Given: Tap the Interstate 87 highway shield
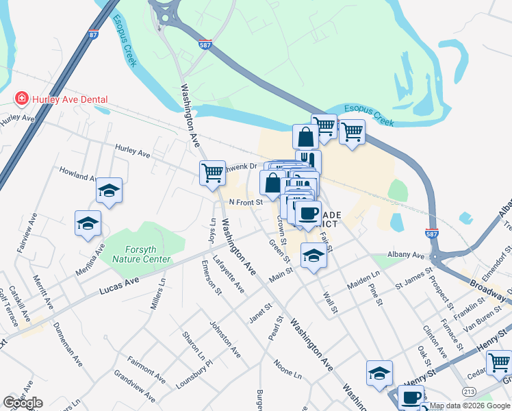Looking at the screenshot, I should (93, 34).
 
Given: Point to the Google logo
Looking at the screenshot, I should (23, 403).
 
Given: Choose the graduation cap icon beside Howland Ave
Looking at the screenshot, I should (109, 190).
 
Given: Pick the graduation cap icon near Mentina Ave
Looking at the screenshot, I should (88, 223).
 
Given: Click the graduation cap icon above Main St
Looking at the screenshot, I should (313, 256).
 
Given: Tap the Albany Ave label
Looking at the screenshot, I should (406, 254).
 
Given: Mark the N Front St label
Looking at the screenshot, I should (246, 202).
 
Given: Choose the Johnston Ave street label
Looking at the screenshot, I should (225, 339).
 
